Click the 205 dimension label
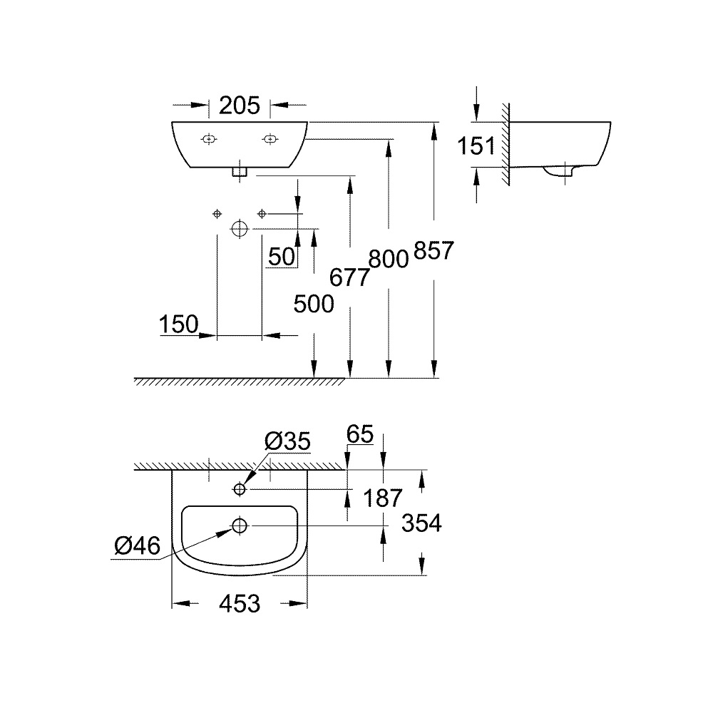(x=239, y=106)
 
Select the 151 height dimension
(x=476, y=146)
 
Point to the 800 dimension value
(x=389, y=258)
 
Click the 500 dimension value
(x=314, y=304)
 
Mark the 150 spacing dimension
(x=178, y=325)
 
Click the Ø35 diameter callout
(x=287, y=442)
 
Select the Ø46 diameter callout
(x=137, y=546)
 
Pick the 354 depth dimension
(x=421, y=524)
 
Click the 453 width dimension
(x=239, y=604)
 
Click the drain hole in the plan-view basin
(x=239, y=525)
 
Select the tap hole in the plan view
(x=239, y=489)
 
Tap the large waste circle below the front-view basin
(x=239, y=229)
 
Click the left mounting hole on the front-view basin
(x=208, y=138)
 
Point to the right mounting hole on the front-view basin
(x=270, y=138)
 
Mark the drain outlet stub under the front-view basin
(x=239, y=171)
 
